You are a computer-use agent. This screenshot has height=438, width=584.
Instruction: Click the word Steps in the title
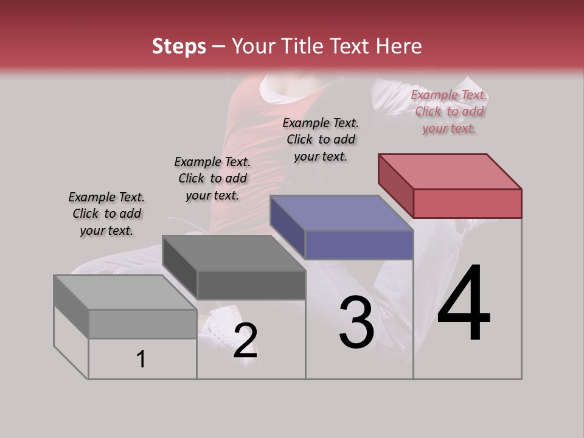(x=179, y=46)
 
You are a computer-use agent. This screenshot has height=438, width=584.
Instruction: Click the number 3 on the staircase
(x=356, y=323)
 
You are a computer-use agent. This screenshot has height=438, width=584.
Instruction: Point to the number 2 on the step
(x=245, y=341)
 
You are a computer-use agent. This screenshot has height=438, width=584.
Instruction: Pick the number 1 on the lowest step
(x=141, y=360)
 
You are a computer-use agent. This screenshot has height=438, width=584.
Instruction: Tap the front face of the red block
(x=467, y=203)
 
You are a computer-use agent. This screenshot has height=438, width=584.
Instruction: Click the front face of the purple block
(x=359, y=245)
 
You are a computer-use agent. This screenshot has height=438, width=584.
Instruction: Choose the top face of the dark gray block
(x=234, y=253)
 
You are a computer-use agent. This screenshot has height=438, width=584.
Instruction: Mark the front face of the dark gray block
(x=251, y=285)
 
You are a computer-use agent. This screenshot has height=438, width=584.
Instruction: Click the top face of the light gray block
(x=125, y=293)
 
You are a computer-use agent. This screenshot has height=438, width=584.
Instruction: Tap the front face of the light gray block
(x=142, y=324)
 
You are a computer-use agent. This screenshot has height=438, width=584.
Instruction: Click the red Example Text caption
(x=450, y=111)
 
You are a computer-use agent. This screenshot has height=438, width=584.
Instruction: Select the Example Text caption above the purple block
(x=321, y=139)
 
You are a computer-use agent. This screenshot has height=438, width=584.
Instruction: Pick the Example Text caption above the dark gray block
(x=212, y=178)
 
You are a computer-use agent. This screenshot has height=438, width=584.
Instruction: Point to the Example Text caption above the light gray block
(x=106, y=214)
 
